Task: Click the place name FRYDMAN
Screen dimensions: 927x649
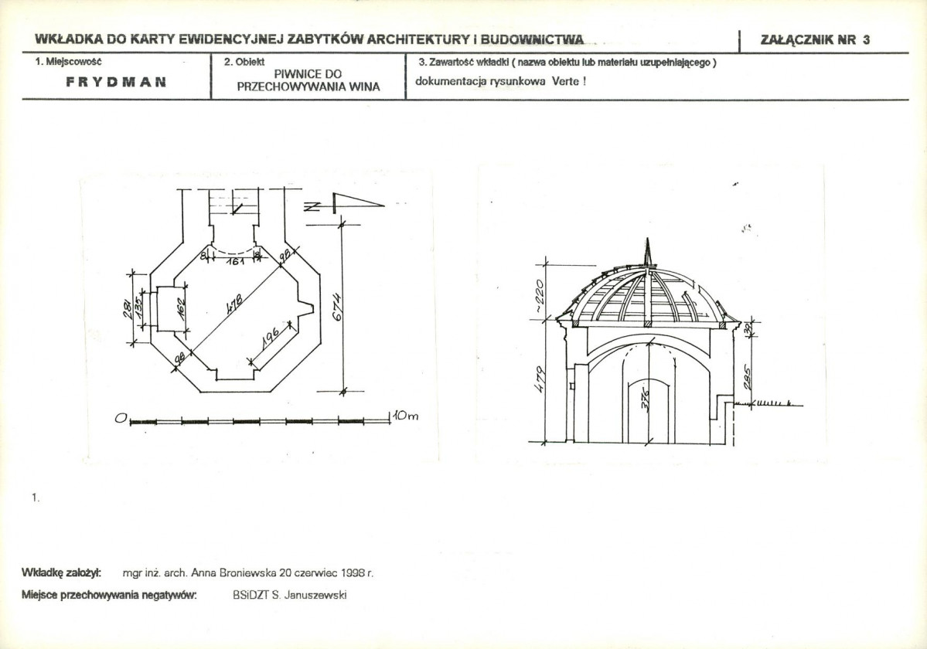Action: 116,82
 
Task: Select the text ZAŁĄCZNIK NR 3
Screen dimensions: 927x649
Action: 815,40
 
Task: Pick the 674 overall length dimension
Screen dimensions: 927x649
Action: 336,307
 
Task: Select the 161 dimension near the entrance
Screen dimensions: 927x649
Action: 235,259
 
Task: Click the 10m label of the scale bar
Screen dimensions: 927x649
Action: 406,416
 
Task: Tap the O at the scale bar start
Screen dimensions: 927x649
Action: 121,419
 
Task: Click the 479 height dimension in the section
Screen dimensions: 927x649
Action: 540,382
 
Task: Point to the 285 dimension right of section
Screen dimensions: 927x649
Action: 747,378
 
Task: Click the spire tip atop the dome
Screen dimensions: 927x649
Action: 648,239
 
